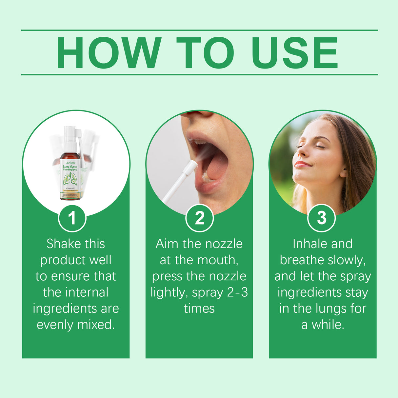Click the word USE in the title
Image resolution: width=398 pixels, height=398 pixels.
294,53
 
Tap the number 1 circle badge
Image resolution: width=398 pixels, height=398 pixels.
72,218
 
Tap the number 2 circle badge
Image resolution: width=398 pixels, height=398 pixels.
199,218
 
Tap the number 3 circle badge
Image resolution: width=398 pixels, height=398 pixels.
322,218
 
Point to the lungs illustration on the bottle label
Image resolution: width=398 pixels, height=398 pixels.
70,179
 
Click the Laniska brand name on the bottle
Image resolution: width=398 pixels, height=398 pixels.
70,163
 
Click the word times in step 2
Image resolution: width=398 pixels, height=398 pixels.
199,308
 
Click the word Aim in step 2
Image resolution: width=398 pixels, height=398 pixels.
167,244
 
